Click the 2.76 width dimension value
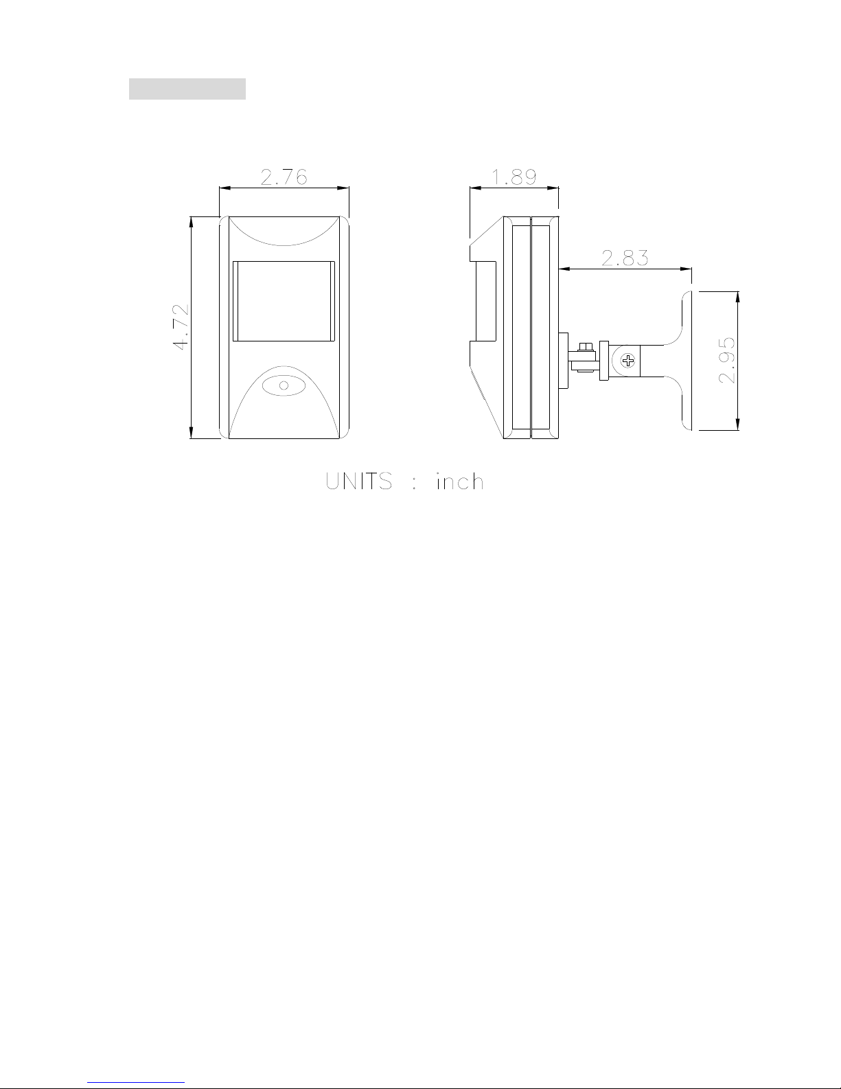284,177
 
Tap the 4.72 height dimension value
181,327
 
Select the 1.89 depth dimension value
514,177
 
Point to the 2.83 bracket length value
625,258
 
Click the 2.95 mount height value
727,360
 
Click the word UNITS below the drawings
359,481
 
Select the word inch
460,481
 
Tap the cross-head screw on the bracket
627,360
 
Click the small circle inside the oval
284,385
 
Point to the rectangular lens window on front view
284,301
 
